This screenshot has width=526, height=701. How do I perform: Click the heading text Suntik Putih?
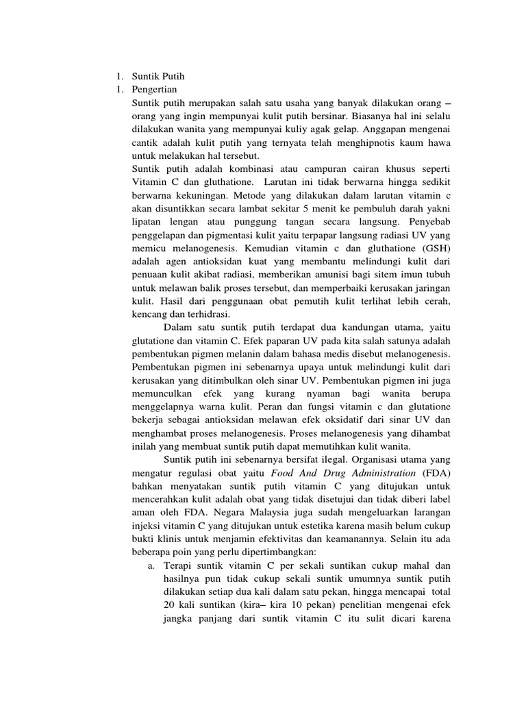point(159,76)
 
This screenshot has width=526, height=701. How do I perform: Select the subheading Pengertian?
point(158,89)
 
